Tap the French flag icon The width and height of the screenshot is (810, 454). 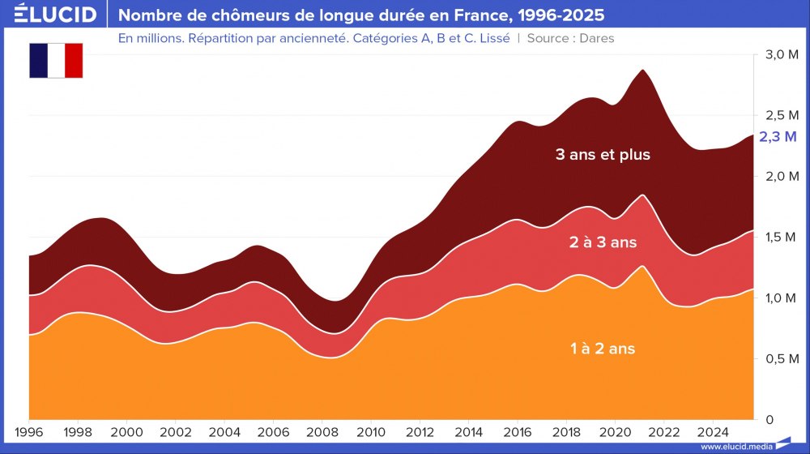coord(56,61)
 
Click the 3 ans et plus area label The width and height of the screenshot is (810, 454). coord(603,154)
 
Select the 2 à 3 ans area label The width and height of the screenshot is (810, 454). coord(603,242)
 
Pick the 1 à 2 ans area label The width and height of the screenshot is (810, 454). coord(603,349)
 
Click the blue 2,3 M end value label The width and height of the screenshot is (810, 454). coord(778,138)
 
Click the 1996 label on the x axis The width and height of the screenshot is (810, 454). coord(29,431)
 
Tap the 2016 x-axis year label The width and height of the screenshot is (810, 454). coord(518,431)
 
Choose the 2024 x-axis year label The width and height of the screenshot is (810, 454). coord(714,431)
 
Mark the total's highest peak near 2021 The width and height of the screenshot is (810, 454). coord(642,70)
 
